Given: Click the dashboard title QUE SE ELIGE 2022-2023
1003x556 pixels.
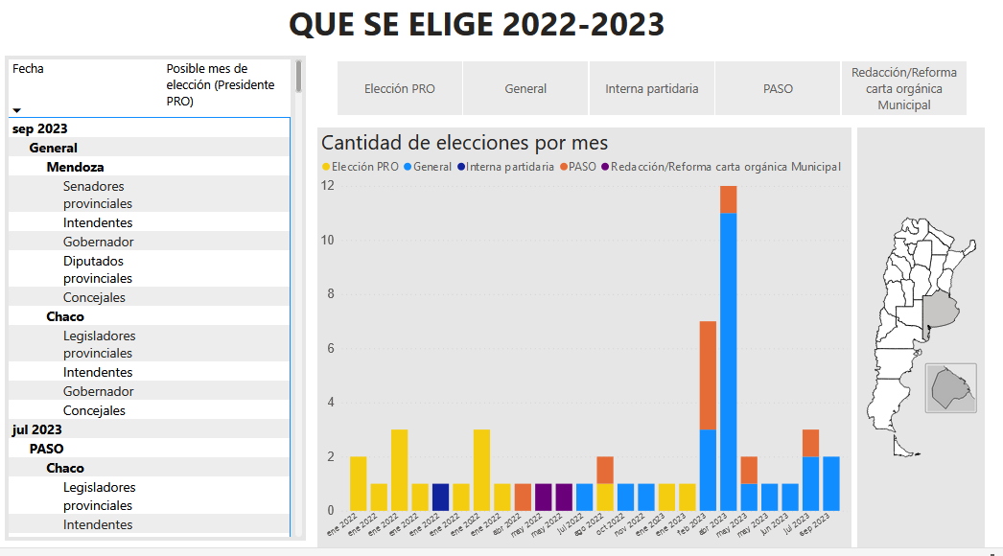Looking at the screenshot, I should pyautogui.click(x=477, y=25).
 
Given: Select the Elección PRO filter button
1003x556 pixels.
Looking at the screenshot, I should pyautogui.click(x=399, y=88).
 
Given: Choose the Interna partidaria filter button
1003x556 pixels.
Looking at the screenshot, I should pyautogui.click(x=651, y=88).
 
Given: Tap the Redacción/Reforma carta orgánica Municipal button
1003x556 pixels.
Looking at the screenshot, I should pyautogui.click(x=903, y=88).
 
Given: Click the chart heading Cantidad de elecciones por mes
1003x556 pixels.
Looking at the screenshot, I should pyautogui.click(x=464, y=143).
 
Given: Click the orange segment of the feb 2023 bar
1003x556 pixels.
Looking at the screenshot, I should pyautogui.click(x=708, y=375).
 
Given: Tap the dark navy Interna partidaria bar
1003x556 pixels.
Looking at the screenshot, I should pyautogui.click(x=440, y=497).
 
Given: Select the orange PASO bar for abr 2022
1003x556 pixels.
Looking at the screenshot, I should pyautogui.click(x=523, y=497).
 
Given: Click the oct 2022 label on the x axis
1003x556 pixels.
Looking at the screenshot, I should pyautogui.click(x=624, y=526).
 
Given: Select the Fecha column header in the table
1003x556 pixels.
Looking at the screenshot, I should pyautogui.click(x=28, y=69).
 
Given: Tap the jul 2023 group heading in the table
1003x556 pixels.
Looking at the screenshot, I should pyautogui.click(x=37, y=429).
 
